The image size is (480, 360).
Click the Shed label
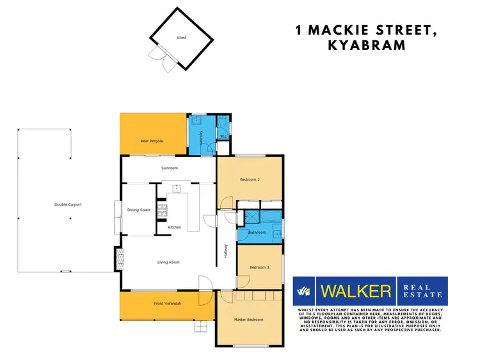coord(181,38)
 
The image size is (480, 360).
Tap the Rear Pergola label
coord(152,140)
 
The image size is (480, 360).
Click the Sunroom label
coord(169,168)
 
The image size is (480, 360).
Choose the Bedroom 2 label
coord(249,180)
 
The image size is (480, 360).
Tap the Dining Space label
coord(139,209)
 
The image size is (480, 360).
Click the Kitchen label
coord(174,227)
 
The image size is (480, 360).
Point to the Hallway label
coord(226,252)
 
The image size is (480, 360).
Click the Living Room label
coord(168,262)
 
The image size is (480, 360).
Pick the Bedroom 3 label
coord(259,267)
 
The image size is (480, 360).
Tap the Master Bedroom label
coord(248,319)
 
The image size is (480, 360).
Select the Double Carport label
coord(68,205)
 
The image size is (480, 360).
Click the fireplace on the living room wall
coord(118,259)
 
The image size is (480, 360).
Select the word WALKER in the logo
coord(355,291)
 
